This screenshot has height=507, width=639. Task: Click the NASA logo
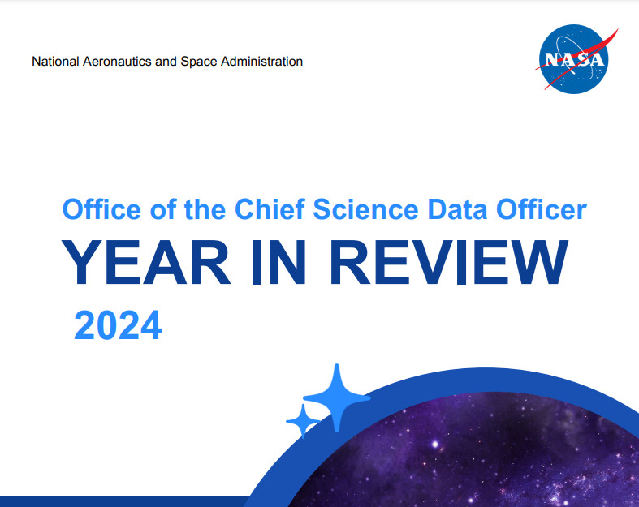(576, 59)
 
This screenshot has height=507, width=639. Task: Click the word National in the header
(55, 62)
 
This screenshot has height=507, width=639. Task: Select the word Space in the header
(198, 62)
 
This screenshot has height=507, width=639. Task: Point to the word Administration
(261, 62)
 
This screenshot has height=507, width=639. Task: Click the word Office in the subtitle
(101, 209)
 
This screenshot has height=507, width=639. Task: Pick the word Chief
(270, 209)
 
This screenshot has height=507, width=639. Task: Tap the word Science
(365, 209)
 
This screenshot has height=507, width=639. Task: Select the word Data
(457, 209)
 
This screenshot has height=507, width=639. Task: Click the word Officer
(542, 209)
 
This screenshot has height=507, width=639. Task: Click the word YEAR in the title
(146, 262)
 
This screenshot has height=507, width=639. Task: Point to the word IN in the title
(278, 262)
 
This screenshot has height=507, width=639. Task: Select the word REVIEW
(449, 262)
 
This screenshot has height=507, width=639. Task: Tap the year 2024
(119, 325)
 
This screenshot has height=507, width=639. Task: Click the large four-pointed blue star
(337, 397)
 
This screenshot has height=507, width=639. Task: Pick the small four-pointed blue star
(303, 421)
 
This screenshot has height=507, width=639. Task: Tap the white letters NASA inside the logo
(574, 59)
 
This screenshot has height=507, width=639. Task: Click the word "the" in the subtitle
(205, 209)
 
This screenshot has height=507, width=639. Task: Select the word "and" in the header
(166, 62)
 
